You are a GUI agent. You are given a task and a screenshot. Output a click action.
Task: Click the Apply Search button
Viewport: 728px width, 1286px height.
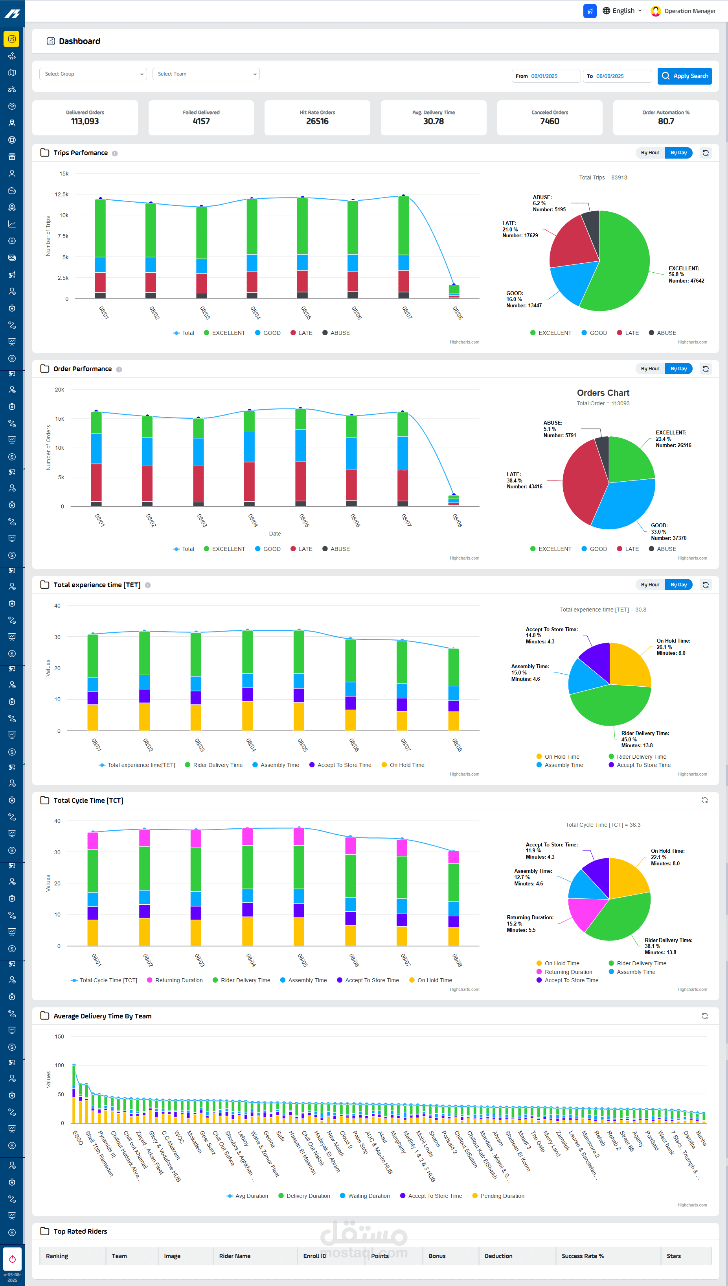point(684,76)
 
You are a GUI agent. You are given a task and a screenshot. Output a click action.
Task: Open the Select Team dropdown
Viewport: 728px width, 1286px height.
point(206,74)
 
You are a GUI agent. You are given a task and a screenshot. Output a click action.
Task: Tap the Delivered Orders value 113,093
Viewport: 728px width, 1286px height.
point(85,121)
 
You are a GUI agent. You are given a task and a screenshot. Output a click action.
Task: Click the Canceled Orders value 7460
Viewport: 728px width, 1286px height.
point(550,121)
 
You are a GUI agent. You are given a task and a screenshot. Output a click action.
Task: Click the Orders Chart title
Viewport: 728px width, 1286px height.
point(603,393)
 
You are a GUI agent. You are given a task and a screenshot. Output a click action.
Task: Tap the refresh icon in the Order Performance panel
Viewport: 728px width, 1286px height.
point(706,369)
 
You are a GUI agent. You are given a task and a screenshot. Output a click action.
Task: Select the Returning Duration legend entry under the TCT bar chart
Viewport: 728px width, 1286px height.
point(178,980)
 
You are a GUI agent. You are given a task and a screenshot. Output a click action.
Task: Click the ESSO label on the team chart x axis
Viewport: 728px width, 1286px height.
point(77,1137)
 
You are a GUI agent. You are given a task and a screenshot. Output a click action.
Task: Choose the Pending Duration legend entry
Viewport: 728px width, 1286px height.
point(502,1196)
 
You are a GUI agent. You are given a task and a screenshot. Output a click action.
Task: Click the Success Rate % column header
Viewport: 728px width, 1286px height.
point(583,1256)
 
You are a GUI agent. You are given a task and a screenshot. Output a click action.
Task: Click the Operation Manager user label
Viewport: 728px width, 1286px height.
point(689,11)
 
